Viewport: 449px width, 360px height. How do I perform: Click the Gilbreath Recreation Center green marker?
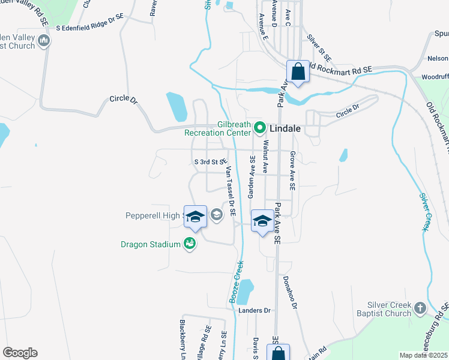(x=260, y=127)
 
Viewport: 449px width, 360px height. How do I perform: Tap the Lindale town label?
(x=285, y=128)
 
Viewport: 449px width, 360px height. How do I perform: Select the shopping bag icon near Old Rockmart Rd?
(x=297, y=73)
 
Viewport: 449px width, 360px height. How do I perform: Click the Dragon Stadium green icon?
(x=190, y=244)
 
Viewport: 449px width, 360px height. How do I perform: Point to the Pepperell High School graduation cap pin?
(x=195, y=217)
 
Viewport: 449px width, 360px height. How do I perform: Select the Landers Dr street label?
(x=255, y=310)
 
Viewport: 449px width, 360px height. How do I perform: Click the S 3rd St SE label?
(x=210, y=162)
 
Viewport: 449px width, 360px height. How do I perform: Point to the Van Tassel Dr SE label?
(x=231, y=191)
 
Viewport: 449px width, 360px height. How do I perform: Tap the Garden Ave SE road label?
(x=252, y=177)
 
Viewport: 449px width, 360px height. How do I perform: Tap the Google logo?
(x=20, y=352)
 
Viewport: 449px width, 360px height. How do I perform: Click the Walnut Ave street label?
(x=265, y=158)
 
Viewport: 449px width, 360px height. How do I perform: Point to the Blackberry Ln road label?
(x=182, y=340)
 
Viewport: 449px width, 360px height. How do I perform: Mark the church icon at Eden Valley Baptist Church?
(x=43, y=41)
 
